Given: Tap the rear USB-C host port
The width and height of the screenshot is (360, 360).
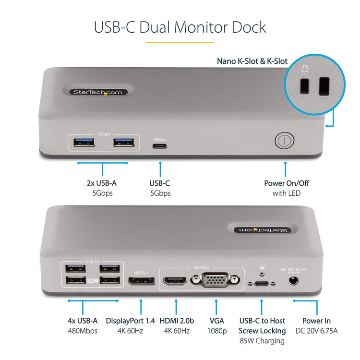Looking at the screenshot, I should point(262,283).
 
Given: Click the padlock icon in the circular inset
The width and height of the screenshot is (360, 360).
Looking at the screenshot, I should point(305,69).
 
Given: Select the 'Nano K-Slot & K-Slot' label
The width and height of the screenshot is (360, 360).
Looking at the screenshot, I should point(252,61).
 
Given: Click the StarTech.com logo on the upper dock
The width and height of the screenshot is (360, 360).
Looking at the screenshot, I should point(97,91).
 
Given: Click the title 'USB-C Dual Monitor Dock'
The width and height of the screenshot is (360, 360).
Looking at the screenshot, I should point(180,27).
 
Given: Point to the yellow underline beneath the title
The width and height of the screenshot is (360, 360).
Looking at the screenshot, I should point(180,42).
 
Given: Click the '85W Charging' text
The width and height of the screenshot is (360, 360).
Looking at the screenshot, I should point(262,341).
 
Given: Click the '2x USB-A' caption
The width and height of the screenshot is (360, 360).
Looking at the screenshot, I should point(102,183).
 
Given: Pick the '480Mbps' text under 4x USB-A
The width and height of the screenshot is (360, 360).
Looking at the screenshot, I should point(83,331).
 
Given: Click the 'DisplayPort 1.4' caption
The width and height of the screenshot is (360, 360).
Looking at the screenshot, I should point(131,321).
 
